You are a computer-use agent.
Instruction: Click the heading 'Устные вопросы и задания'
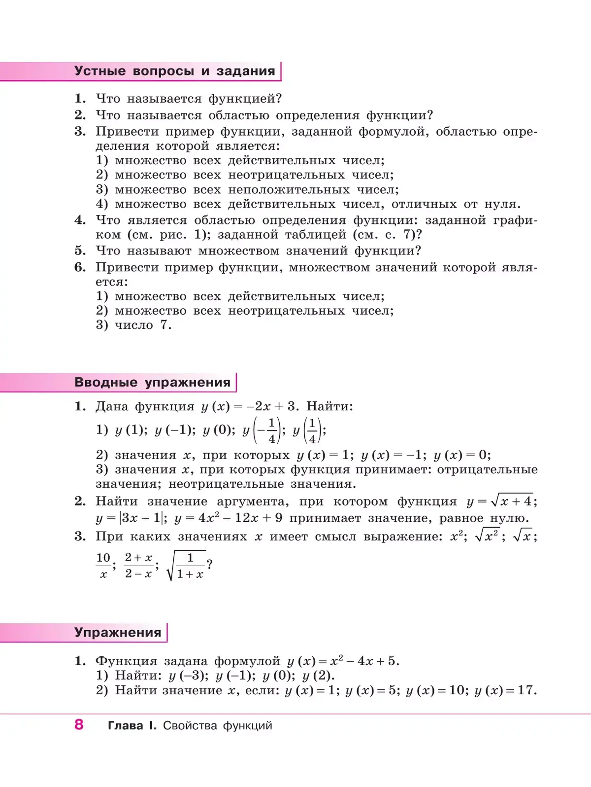(174, 71)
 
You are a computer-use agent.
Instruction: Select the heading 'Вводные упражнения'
(152, 382)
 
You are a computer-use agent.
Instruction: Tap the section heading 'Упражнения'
(118, 632)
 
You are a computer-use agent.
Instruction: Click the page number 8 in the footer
(79, 724)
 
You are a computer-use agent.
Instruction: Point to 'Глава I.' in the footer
(131, 725)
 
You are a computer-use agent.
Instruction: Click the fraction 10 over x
(103, 566)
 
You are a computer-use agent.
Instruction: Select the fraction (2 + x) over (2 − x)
(138, 566)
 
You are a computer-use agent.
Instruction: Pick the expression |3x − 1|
(142, 518)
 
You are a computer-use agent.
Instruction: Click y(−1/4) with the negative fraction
(262, 430)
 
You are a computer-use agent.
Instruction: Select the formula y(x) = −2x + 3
(249, 406)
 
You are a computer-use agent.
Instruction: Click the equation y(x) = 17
(504, 690)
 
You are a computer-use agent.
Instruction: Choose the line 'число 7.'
(143, 325)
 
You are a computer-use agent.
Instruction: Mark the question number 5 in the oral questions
(80, 250)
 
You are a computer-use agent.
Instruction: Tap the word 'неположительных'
(289, 190)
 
